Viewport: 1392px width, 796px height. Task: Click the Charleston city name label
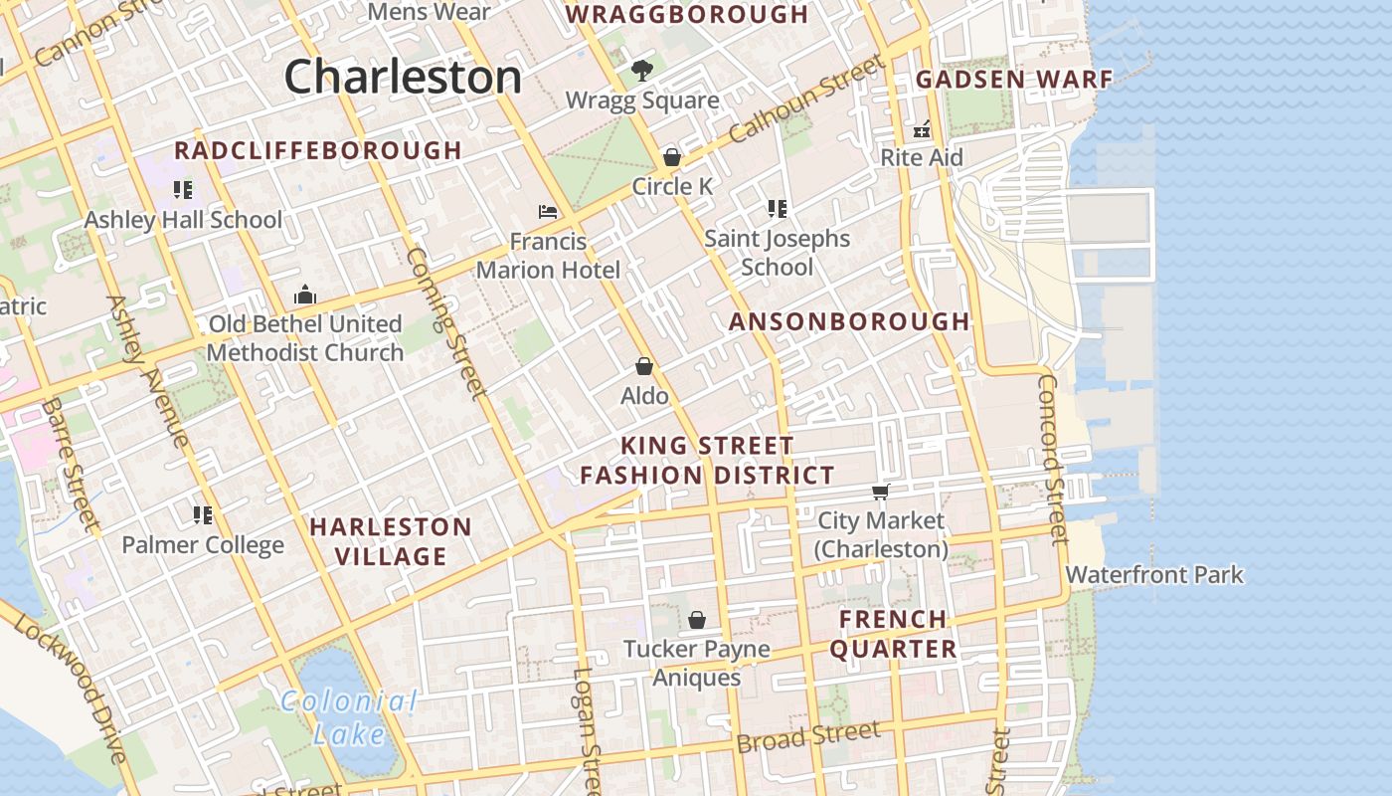(x=403, y=77)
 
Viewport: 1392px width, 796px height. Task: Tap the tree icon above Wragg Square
(x=642, y=71)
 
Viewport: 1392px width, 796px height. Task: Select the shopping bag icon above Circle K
(x=672, y=157)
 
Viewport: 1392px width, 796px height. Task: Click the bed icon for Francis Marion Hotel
(x=548, y=211)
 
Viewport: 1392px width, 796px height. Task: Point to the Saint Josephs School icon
(x=778, y=209)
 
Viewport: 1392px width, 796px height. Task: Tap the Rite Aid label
(x=922, y=157)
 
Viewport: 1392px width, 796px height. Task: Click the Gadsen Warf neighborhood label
(x=1014, y=80)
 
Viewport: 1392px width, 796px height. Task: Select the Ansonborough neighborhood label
(x=849, y=321)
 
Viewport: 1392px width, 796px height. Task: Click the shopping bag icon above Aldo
(x=644, y=366)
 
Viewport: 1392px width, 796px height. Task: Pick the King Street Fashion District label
(x=707, y=460)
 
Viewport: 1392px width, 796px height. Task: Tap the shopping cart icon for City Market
(x=880, y=492)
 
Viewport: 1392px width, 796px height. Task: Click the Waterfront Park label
(x=1154, y=574)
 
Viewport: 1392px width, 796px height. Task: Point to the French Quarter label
(x=893, y=634)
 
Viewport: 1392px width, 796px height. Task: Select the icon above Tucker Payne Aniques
(x=697, y=620)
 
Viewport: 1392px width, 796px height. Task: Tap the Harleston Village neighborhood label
(x=391, y=541)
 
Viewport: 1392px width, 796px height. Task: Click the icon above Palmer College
(x=203, y=514)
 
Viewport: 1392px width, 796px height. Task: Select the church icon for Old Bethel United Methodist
(x=305, y=295)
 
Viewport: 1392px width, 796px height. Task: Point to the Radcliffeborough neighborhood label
(x=318, y=150)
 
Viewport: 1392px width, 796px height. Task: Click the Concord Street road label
(x=1052, y=458)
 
